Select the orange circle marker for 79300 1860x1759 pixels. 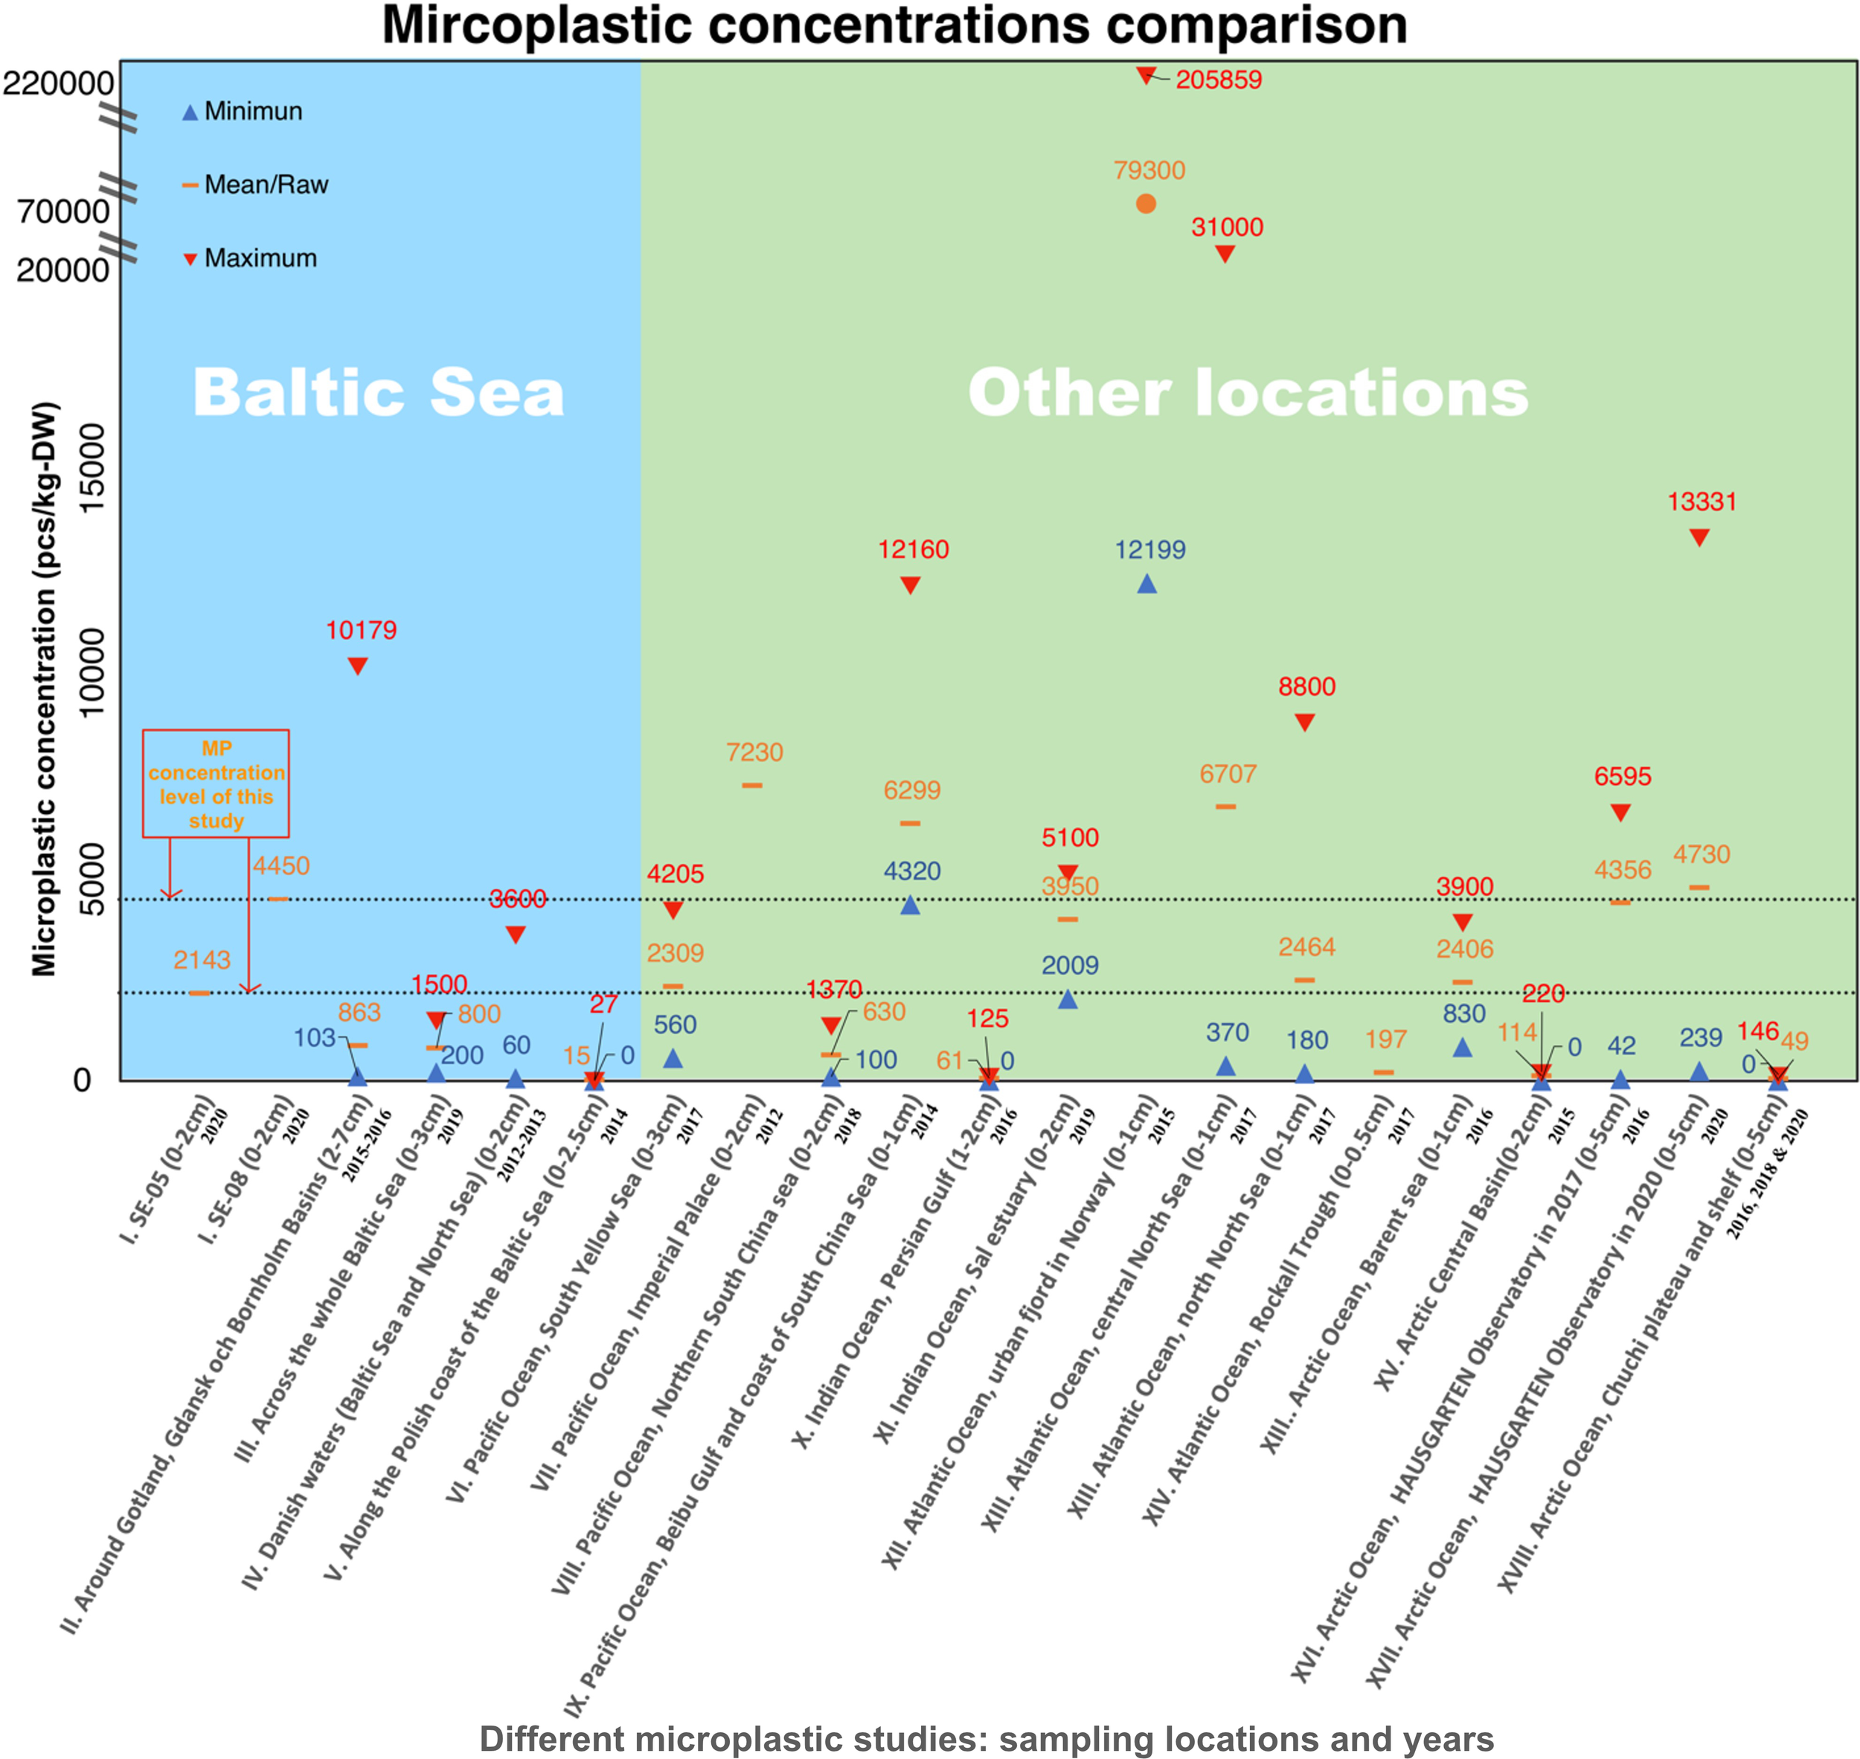(x=1146, y=203)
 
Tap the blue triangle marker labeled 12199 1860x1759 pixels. (x=1147, y=584)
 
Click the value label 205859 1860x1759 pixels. (x=1219, y=80)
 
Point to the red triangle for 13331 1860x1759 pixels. (x=1699, y=537)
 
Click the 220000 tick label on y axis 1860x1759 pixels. (x=58, y=83)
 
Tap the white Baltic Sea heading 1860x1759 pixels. (x=378, y=392)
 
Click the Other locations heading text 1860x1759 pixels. (x=1248, y=392)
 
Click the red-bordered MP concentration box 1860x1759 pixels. (x=216, y=783)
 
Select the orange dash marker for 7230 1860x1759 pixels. (x=752, y=785)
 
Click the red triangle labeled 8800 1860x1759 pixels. (x=1304, y=722)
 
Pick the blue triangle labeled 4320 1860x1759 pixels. (x=909, y=905)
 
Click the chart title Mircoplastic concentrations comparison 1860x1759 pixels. (x=894, y=25)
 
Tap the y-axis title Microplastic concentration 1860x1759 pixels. (x=45, y=689)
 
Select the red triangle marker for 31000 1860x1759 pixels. (x=1225, y=254)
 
